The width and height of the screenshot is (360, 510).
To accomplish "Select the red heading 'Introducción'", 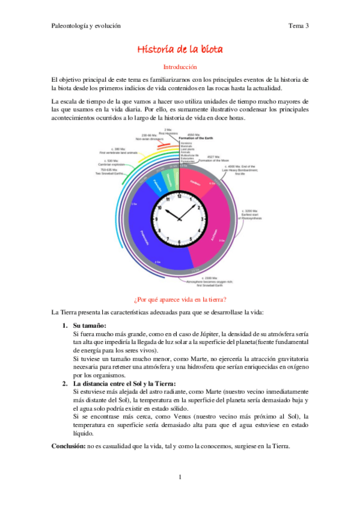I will coord(180,67).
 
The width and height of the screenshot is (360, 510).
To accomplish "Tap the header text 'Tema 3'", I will coord(298,26).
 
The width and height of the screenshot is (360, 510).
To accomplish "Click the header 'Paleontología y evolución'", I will coord(87,26).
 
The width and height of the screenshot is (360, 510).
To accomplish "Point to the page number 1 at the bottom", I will coord(180,477).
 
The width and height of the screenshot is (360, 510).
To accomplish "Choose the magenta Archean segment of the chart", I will coord(210,238).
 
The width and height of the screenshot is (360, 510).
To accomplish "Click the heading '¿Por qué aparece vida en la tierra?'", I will coord(180,299).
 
